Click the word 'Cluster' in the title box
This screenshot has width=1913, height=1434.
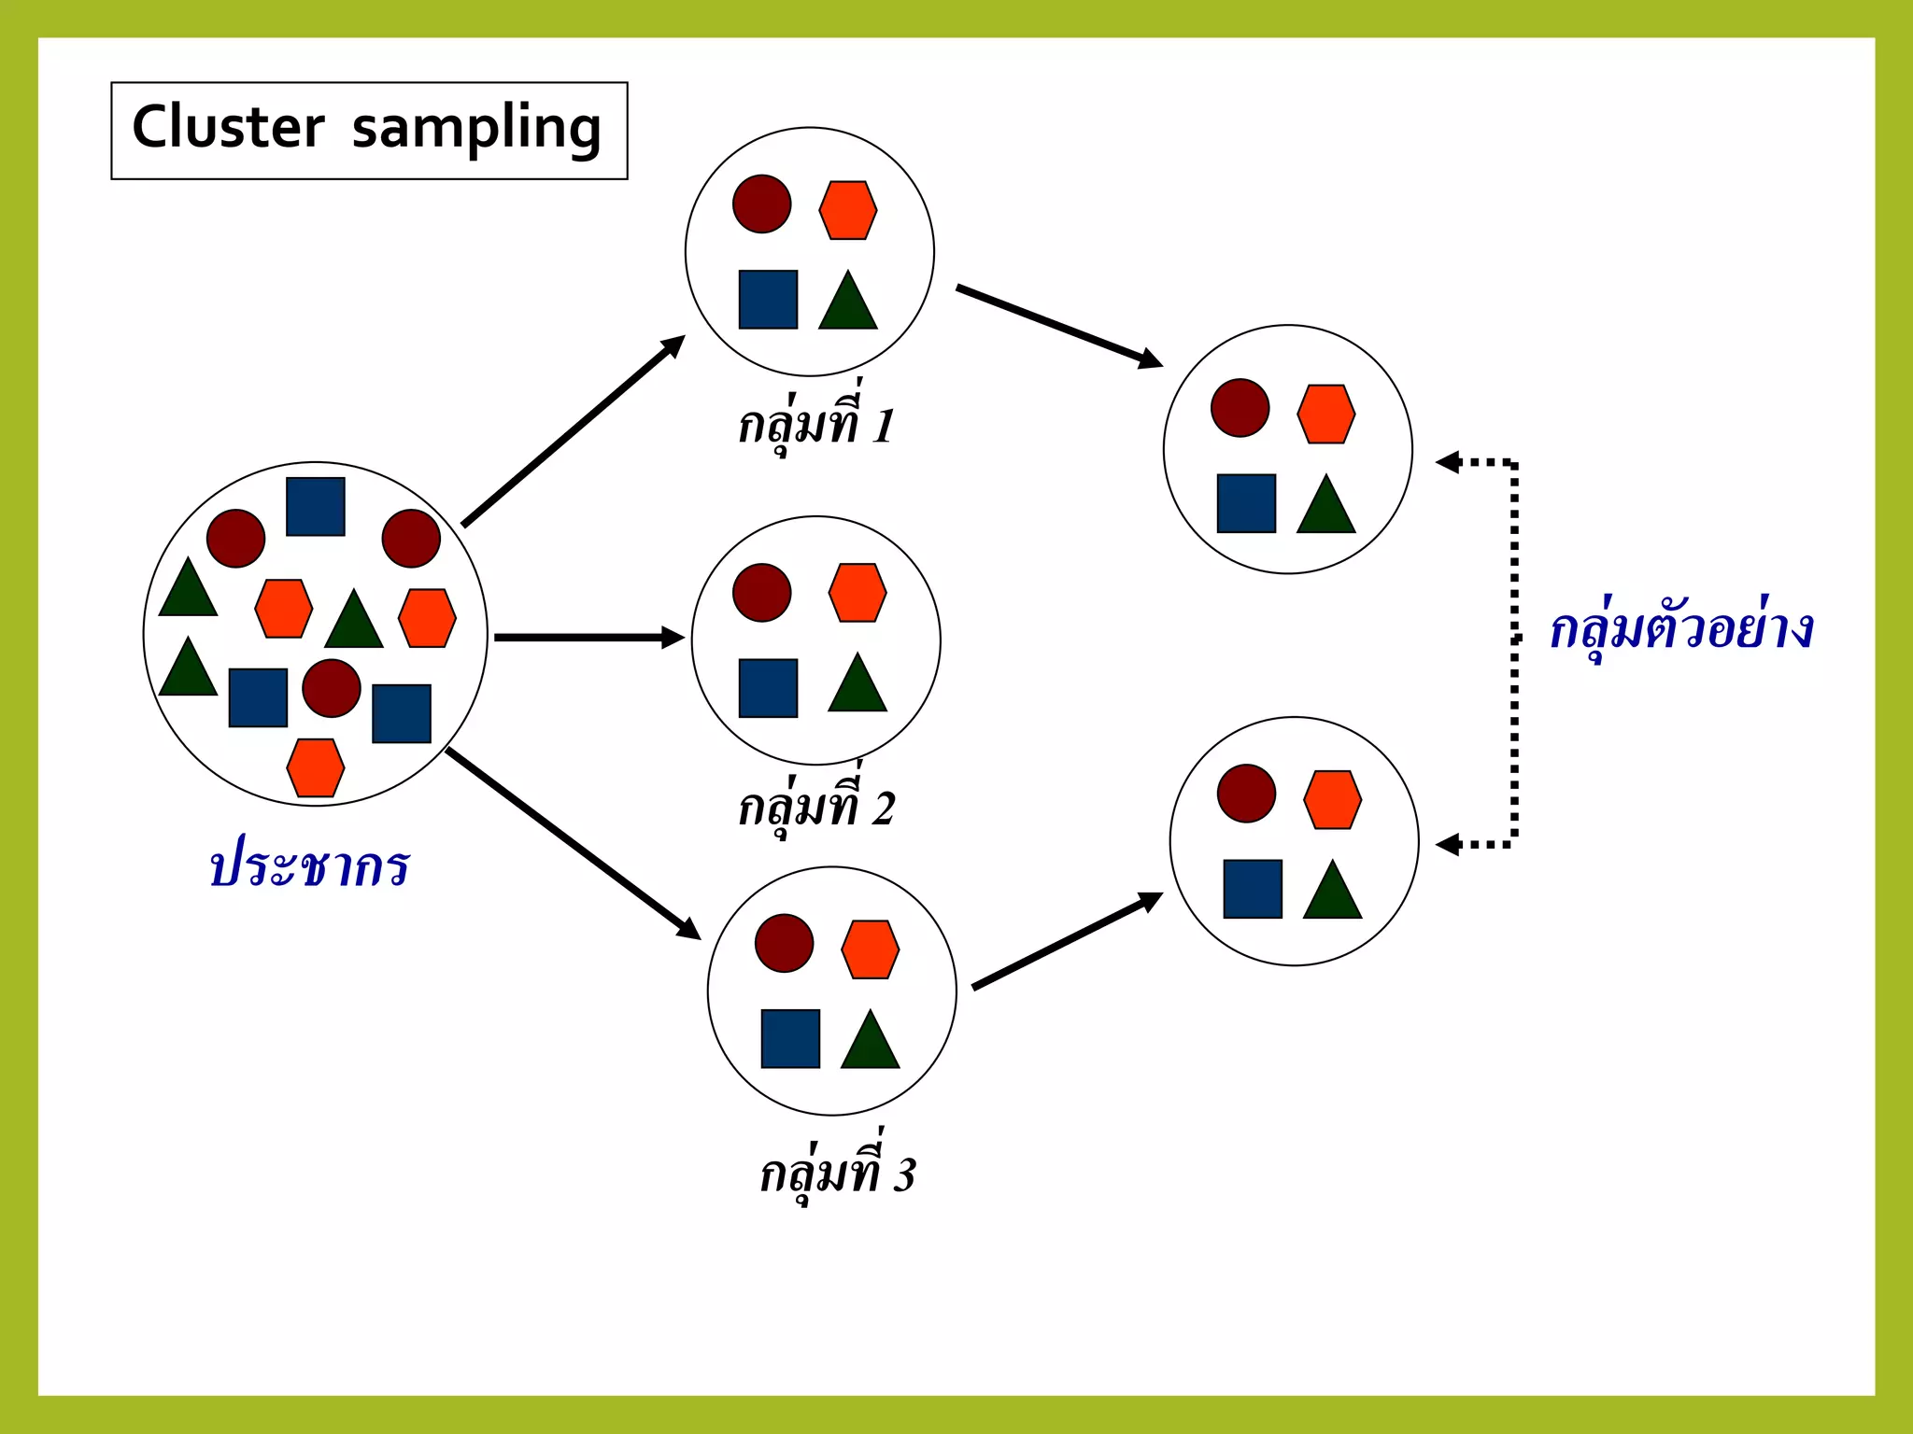pyautogui.click(x=228, y=128)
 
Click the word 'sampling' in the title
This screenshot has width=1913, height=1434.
pyautogui.click(x=476, y=130)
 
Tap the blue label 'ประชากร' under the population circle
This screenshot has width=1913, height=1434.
pyautogui.click(x=309, y=865)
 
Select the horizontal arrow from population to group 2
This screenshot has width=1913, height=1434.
pyautogui.click(x=588, y=638)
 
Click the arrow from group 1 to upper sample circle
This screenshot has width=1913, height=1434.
pyautogui.click(x=1058, y=326)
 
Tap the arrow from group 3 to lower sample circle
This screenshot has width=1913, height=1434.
pyautogui.click(x=1067, y=941)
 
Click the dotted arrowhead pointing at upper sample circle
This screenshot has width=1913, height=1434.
pyautogui.click(x=1449, y=461)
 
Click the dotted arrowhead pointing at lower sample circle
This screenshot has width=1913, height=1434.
pyautogui.click(x=1449, y=845)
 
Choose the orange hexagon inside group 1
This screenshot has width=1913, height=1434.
pyautogui.click(x=848, y=210)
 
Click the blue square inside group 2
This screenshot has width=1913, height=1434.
pyautogui.click(x=768, y=688)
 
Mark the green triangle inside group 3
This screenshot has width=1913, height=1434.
pyautogui.click(x=870, y=1042)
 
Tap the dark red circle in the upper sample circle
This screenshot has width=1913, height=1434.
pyautogui.click(x=1240, y=408)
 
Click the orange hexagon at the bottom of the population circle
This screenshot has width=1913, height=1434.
pyautogui.click(x=316, y=767)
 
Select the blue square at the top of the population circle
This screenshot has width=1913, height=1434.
pyautogui.click(x=316, y=507)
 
